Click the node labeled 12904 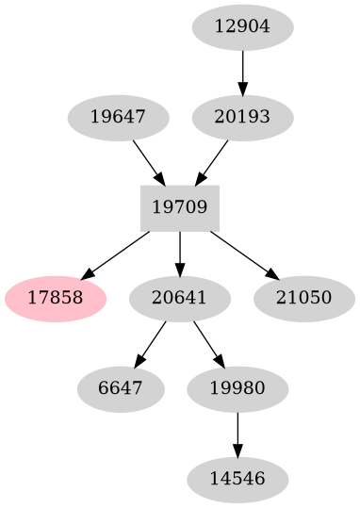click(x=242, y=27)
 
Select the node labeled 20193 click(x=242, y=118)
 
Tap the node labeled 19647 click(x=119, y=118)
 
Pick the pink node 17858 click(x=56, y=299)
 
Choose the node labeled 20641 click(x=180, y=299)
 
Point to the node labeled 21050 click(x=304, y=299)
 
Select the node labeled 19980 click(x=237, y=389)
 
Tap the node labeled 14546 click(x=237, y=480)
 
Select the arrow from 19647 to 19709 click(x=149, y=161)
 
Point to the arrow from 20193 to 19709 click(x=212, y=161)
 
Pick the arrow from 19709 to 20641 click(x=180, y=254)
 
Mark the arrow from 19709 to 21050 click(x=243, y=254)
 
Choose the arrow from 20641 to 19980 click(x=208, y=343)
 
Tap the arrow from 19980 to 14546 click(x=237, y=434)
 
